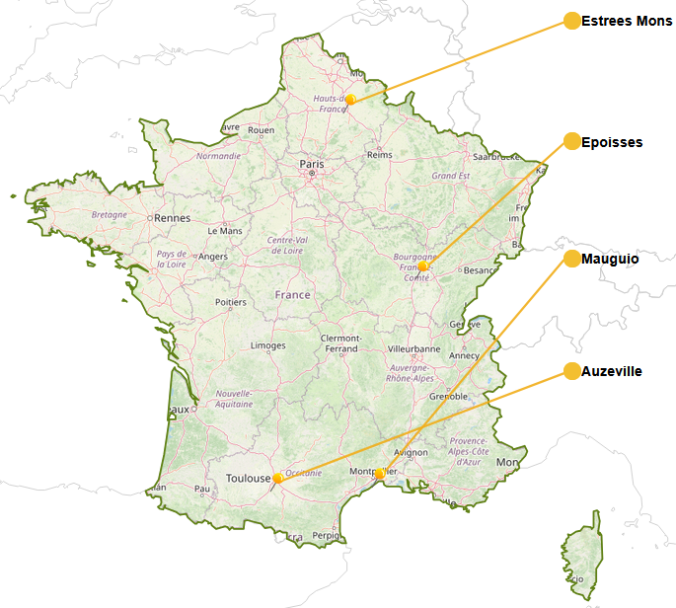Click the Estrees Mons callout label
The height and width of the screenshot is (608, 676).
point(627,21)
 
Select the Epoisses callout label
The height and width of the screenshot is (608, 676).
point(612,142)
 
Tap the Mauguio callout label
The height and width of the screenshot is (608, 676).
point(611,259)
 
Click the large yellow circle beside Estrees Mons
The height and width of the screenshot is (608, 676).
point(571,21)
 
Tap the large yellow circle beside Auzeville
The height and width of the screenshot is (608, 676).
point(571,371)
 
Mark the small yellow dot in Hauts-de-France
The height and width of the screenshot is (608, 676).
point(350,100)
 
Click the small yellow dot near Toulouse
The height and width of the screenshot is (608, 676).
point(278,478)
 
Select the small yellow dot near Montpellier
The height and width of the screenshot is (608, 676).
point(380,475)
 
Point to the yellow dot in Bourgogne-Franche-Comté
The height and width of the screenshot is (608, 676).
point(422,266)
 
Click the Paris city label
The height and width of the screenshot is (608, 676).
point(312,164)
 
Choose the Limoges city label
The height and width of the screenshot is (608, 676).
point(268,345)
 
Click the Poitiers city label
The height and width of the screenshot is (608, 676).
point(231,302)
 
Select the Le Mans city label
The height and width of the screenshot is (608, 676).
point(225,231)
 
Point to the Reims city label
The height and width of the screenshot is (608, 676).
point(379,155)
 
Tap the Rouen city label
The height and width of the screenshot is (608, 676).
point(262,129)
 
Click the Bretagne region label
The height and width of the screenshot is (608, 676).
point(109,214)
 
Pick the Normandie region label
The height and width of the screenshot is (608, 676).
point(218,156)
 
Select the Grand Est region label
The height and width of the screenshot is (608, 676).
point(450,176)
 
